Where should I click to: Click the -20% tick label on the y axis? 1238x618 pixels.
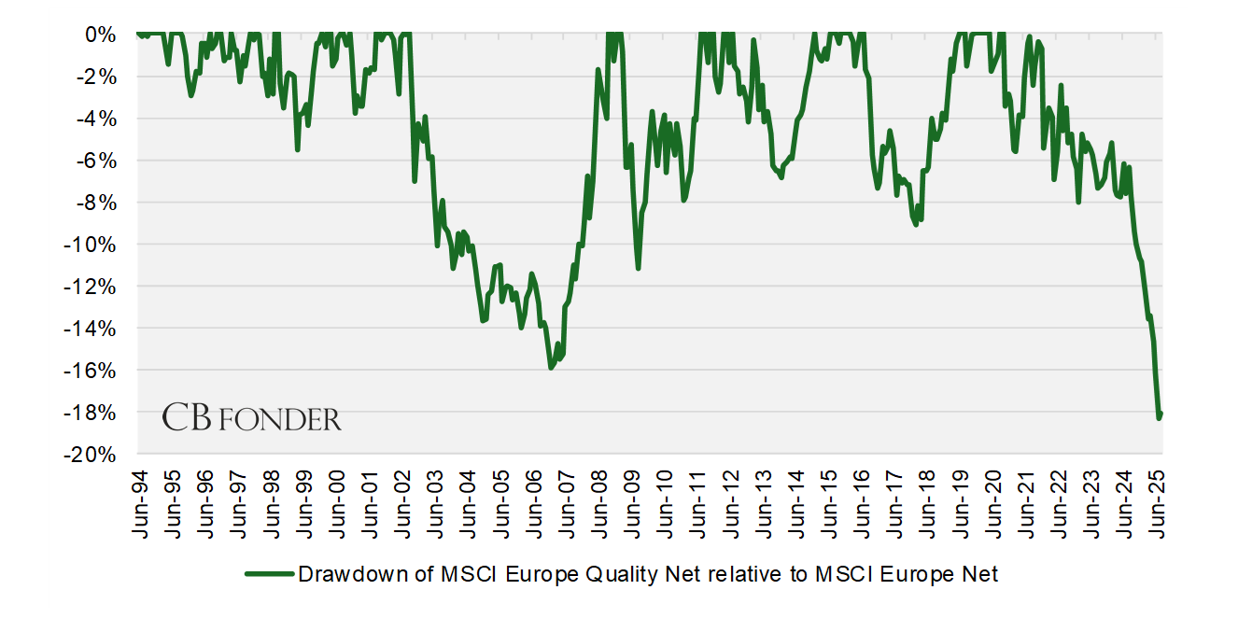tap(92, 455)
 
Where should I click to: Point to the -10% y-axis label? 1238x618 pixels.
tap(92, 245)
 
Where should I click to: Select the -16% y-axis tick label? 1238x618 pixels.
tap(92, 371)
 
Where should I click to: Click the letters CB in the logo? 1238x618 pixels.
tap(187, 417)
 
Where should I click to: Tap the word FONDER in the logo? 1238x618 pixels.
tap(281, 420)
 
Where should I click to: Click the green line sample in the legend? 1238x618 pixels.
tap(270, 574)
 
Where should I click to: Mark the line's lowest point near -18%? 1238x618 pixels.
tap(1159, 417)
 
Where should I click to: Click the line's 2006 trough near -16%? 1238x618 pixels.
tap(551, 368)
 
